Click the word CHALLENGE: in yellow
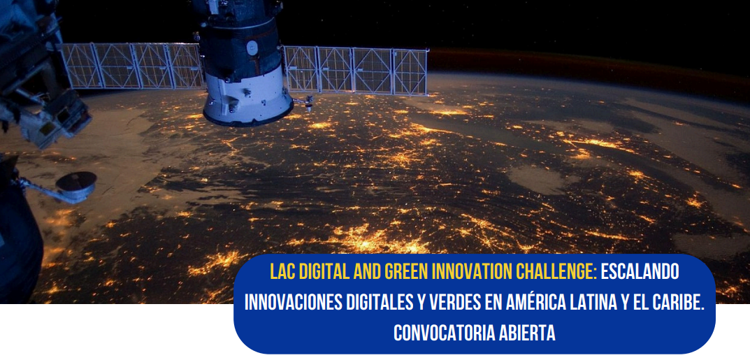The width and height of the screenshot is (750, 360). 556,272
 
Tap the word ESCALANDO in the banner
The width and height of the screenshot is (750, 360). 640,272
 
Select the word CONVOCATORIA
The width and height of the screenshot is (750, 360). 444,333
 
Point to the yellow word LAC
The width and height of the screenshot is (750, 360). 282,272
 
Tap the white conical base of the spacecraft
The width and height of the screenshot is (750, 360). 247,96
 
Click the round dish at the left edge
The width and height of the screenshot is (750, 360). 76,182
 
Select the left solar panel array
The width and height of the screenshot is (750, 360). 132,66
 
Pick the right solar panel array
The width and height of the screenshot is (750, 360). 355,71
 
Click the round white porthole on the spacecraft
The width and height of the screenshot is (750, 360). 252,47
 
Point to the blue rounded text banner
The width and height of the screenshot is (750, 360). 475,303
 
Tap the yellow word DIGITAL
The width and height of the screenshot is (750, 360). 322,272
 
